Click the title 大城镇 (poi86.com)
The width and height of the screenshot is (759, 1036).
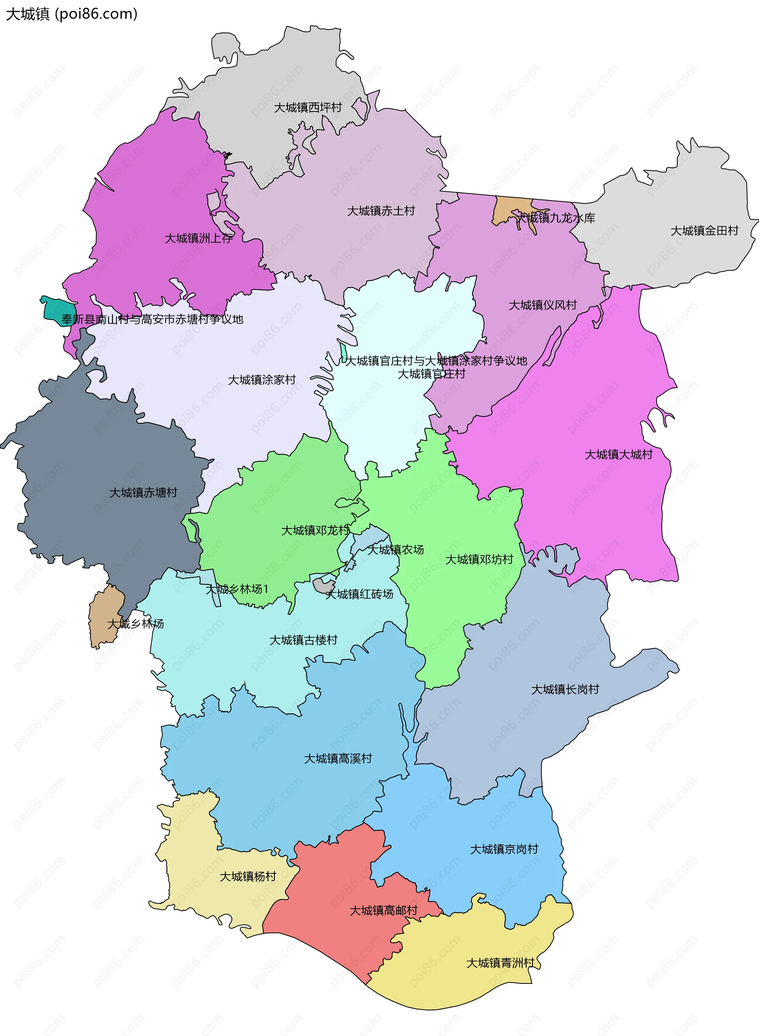(72, 14)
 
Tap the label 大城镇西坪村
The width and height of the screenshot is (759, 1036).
(308, 108)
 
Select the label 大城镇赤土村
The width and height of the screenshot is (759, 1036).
(381, 211)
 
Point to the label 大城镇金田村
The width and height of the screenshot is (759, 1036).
(704, 231)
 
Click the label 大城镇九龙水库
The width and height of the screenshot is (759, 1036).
(556, 218)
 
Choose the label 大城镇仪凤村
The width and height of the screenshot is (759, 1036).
(543, 305)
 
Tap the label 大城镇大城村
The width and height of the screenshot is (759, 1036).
(618, 455)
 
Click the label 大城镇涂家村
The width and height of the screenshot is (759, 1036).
(262, 380)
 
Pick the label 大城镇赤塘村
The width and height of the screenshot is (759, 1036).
(143, 493)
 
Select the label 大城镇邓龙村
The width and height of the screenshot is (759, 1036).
(315, 530)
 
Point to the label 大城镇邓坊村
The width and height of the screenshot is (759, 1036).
(479, 559)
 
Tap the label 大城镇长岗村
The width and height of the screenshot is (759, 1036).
(565, 689)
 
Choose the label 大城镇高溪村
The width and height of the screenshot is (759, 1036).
(338, 758)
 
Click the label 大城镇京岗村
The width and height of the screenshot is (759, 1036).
(504, 849)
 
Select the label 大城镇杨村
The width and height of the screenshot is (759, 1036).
(248, 877)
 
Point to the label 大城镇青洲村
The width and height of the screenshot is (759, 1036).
(501, 963)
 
